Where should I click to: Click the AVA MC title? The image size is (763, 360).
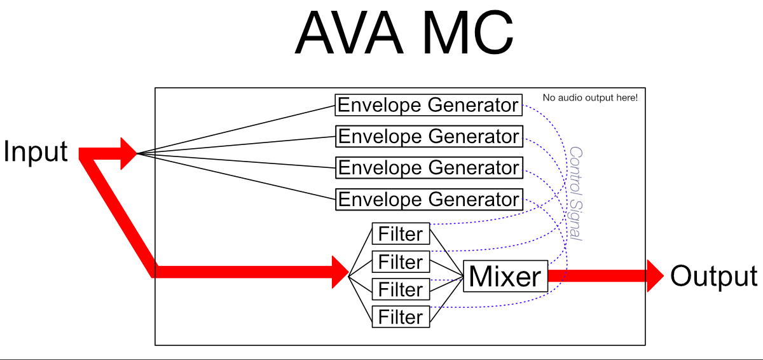coord(404,33)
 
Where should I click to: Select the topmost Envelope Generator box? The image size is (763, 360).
coord(428,105)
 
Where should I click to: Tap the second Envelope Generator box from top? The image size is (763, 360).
coord(428,136)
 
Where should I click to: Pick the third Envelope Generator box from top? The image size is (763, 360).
coord(428,168)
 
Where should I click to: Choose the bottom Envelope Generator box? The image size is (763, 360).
coord(428,199)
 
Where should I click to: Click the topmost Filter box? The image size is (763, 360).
coord(401,234)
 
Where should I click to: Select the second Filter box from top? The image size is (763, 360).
coord(401,262)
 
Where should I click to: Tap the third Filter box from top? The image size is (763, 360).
coord(401,289)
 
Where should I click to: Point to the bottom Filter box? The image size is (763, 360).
coord(401,317)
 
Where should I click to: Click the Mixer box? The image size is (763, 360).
coord(505,276)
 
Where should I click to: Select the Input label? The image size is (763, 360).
coord(36,152)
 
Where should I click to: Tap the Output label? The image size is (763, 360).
coord(713,277)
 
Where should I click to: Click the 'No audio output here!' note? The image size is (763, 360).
coord(589,98)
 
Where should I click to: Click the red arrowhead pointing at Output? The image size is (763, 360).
coord(655,276)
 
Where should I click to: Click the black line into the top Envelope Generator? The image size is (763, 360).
coord(235,129)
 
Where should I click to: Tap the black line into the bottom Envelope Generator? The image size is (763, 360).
coord(235,176)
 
